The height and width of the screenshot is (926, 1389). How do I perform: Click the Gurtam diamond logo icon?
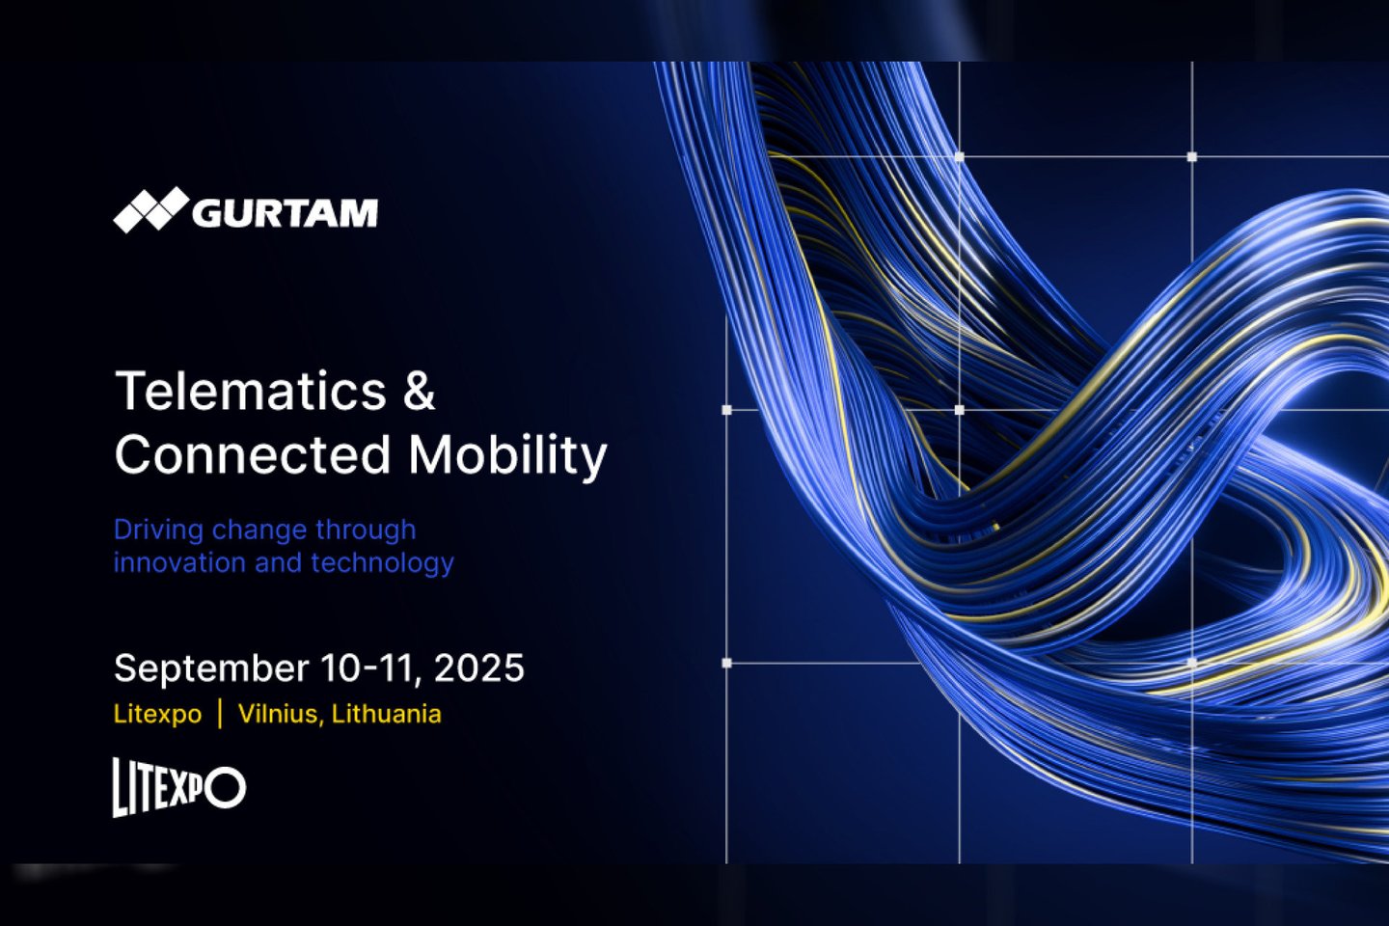[151, 209]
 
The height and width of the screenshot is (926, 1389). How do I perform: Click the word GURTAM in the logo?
[285, 213]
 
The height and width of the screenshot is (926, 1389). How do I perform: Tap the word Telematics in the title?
[251, 391]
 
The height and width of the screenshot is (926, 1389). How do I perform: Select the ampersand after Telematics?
[420, 391]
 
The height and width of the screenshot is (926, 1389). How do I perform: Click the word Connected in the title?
[253, 454]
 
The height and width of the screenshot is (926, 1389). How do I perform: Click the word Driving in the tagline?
[159, 531]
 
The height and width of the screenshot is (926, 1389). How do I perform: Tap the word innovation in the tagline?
[179, 562]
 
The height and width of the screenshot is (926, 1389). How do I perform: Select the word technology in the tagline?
[383, 563]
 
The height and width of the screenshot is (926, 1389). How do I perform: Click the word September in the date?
[211, 668]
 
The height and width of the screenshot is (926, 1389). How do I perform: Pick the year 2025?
[478, 668]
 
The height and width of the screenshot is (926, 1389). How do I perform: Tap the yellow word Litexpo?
[157, 715]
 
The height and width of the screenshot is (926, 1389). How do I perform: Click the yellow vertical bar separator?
[220, 714]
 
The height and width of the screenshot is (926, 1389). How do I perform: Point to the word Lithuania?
[386, 713]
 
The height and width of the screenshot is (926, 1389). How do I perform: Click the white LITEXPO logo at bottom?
[179, 787]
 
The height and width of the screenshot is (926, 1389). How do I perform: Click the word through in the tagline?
[366, 531]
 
